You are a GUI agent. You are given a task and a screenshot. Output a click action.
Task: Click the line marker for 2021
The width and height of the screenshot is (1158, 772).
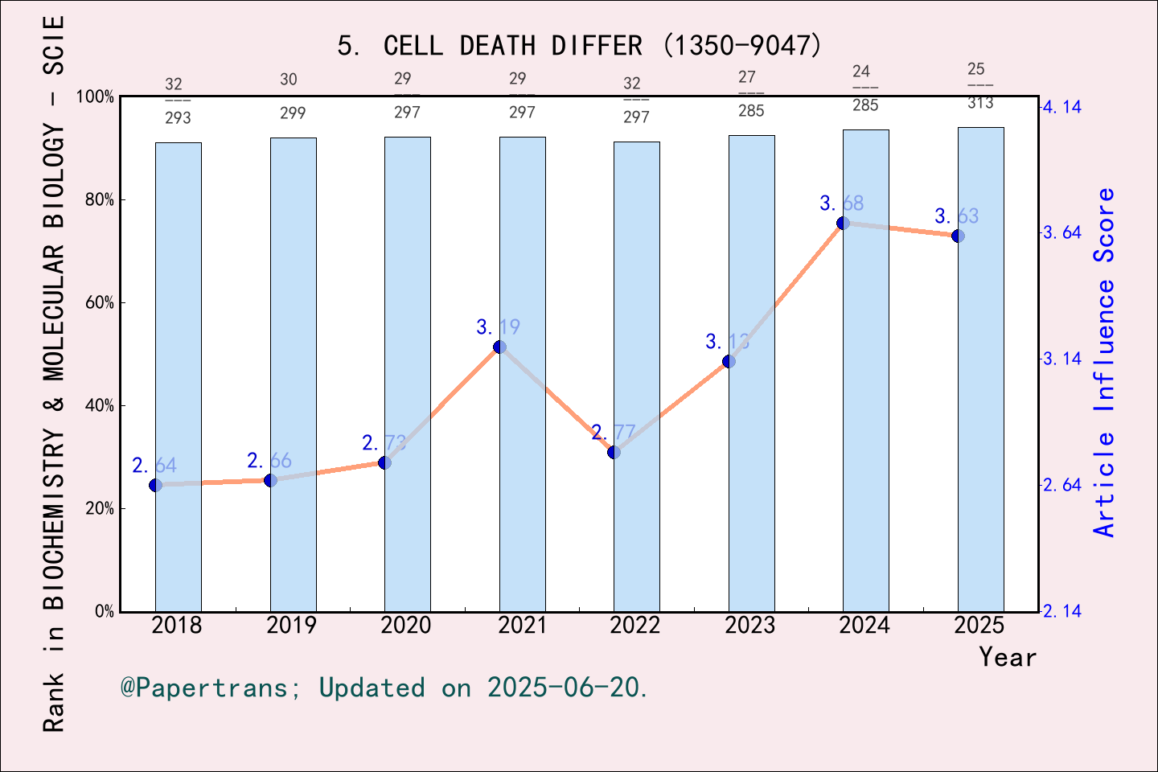499,347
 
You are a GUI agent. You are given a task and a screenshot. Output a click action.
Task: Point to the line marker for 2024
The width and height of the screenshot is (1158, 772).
843,223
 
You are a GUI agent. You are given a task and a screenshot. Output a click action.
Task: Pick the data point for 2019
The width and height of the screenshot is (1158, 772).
270,480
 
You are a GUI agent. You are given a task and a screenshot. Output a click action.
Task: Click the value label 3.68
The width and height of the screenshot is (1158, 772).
841,203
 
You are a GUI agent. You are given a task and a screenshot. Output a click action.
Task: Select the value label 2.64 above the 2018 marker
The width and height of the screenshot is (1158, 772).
154,466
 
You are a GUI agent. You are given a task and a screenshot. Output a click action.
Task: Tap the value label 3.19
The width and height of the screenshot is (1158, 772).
498,327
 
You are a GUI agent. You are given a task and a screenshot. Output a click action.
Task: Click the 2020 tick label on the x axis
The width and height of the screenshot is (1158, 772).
406,626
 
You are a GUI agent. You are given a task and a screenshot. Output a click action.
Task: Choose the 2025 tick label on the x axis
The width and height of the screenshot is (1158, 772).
979,626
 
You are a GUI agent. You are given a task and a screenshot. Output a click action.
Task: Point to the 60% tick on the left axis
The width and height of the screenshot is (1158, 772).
100,303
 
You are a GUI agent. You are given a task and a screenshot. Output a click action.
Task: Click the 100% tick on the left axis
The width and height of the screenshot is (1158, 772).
96,97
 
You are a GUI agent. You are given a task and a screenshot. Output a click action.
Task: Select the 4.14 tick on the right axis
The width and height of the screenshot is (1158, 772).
1062,107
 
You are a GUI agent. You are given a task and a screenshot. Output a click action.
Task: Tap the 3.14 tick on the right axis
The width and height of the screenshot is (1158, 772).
1062,359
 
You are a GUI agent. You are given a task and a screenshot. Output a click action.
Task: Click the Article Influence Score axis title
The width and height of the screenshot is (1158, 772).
1105,362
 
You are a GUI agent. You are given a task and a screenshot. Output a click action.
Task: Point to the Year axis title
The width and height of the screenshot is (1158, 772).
1007,657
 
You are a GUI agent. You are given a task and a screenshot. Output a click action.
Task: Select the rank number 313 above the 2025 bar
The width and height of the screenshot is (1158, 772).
980,103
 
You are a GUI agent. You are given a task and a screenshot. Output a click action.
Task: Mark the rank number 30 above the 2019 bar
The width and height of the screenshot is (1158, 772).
289,80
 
